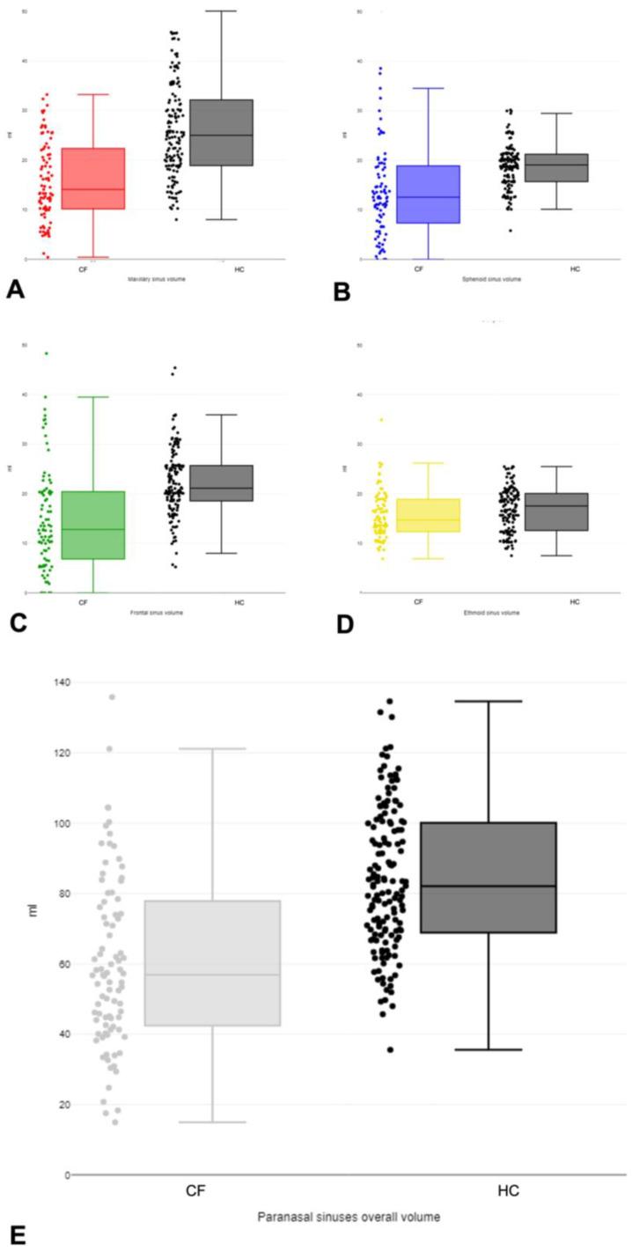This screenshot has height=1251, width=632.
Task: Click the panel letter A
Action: click(x=14, y=289)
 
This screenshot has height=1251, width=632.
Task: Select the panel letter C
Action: click(x=14, y=622)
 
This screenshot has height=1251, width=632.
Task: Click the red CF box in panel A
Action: click(x=92, y=179)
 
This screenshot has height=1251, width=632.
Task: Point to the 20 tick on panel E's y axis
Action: click(x=50, y=1104)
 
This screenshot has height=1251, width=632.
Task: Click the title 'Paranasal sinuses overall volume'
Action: click(x=348, y=1218)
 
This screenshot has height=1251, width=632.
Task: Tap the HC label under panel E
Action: click(x=507, y=1191)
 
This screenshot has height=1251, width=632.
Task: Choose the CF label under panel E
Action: click(x=196, y=1191)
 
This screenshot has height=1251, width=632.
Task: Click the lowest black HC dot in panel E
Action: click(x=389, y=1049)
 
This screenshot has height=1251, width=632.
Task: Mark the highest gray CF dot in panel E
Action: click(x=112, y=697)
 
